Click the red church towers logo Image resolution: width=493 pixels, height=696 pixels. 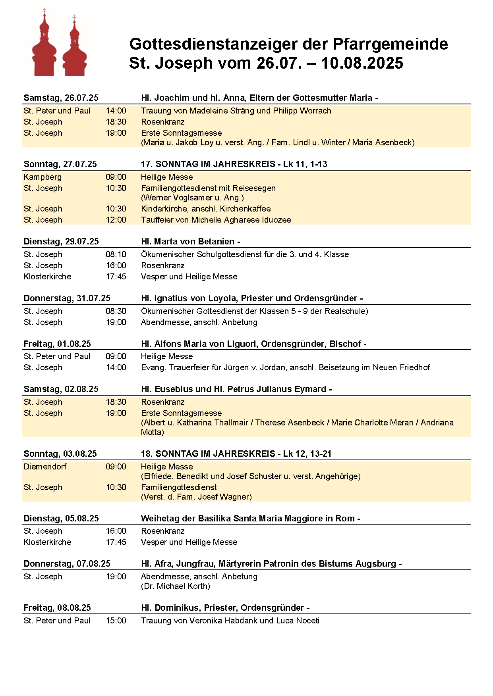click(x=59, y=44)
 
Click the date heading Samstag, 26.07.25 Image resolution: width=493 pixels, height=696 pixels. click(x=61, y=98)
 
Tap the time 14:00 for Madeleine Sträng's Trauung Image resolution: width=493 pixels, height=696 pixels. click(x=116, y=111)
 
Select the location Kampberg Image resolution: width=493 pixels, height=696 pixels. click(x=43, y=177)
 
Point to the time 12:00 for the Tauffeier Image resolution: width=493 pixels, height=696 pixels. click(x=116, y=220)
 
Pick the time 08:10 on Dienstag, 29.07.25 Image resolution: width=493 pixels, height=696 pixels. click(x=116, y=254)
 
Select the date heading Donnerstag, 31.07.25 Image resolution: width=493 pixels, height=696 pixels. click(x=67, y=298)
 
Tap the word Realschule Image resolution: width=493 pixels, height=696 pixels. click(x=346, y=311)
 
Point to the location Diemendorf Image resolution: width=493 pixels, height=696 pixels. click(x=45, y=467)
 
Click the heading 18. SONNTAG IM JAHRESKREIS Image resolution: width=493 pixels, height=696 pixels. click(x=208, y=454)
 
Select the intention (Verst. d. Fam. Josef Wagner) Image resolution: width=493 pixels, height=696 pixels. click(x=196, y=497)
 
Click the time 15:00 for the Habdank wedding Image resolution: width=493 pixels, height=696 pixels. click(x=116, y=621)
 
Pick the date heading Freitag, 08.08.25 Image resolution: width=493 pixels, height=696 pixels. click(x=57, y=608)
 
